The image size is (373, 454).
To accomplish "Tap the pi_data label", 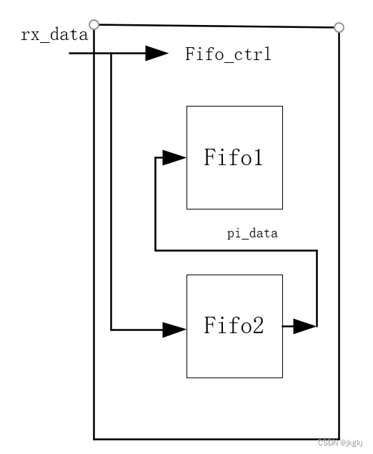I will point(252,233).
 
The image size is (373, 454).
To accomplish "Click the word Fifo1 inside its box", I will point(234,157).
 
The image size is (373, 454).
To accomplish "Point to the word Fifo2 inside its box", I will point(234,327).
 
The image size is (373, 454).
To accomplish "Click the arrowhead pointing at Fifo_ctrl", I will point(156,54).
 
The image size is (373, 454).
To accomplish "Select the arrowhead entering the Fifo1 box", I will point(174,158).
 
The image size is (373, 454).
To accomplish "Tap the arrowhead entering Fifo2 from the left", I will point(174,330).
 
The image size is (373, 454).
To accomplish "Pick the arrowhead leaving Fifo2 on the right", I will point(304,327).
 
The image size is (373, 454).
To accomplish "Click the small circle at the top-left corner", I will point(94,24).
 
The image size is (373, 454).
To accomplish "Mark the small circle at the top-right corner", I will point(339,27).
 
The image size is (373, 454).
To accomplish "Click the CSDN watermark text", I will point(340,443).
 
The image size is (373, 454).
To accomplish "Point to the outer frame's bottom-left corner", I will point(94,438).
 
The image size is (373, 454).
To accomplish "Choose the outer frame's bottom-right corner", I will point(339,438).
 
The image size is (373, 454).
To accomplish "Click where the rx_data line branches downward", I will point(111,54).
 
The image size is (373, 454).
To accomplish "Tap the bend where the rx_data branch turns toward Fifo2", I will point(111,330).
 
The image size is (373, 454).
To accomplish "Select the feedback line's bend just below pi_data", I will point(317,250).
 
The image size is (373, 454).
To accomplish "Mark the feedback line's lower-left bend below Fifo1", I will point(156,250).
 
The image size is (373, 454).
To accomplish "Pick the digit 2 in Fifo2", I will point(257,327).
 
